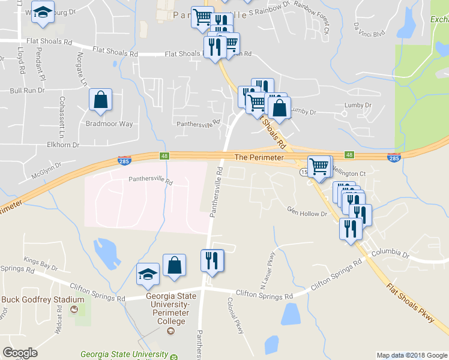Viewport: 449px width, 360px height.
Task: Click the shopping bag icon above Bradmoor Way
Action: coord(100,101)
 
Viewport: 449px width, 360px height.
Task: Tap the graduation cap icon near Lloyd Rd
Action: coord(43,14)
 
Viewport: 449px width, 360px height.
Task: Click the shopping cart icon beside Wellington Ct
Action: coord(319,166)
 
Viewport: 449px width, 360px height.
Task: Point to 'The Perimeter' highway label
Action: coord(258,157)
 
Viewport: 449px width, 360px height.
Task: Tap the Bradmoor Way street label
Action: coord(109,124)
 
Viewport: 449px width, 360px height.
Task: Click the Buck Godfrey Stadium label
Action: coord(34,300)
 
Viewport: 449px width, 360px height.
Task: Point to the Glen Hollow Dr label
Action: coord(307,212)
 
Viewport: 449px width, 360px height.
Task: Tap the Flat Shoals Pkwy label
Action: coord(411,304)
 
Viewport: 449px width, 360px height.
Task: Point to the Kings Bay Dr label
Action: coord(40,263)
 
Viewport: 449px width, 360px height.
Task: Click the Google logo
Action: coord(20,353)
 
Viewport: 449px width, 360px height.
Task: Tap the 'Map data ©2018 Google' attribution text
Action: coord(412,355)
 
